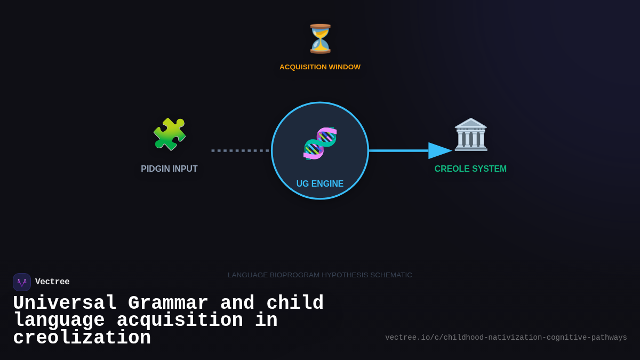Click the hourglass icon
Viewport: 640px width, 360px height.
coord(320,39)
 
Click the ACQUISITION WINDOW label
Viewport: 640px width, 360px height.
coord(320,67)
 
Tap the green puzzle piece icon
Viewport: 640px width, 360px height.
coord(169,134)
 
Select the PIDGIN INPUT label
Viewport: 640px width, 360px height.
coord(169,169)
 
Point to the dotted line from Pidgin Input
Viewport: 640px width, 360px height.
coord(240,150)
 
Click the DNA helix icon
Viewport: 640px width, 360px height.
coord(320,143)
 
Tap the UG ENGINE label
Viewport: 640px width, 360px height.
coord(320,184)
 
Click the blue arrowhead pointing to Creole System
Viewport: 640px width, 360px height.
coord(439,150)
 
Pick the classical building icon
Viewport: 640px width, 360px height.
coord(470,134)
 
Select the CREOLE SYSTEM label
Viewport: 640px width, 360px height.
coord(470,169)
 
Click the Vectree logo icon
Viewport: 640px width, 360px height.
coord(22,282)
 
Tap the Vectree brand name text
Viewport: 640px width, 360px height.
coord(52,282)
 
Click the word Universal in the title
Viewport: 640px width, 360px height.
coord(65,303)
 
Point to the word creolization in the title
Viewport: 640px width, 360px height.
coord(82,338)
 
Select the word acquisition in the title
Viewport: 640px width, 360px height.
coord(180,321)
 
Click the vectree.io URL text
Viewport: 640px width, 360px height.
coord(506,338)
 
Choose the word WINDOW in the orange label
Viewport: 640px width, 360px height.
coord(345,67)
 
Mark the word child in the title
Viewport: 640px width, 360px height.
coord(295,303)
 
